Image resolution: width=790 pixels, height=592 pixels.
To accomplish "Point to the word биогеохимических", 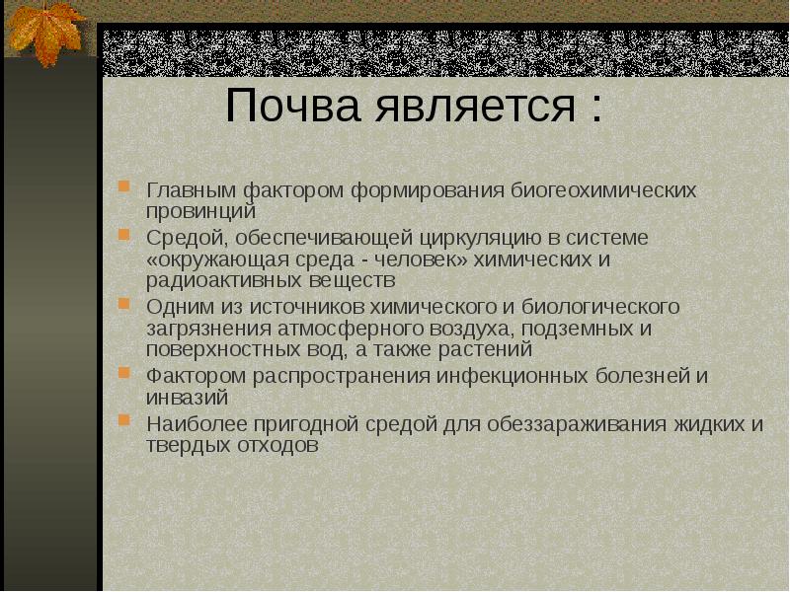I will [x=604, y=188].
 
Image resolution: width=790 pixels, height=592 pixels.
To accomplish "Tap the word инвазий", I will [x=188, y=399].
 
